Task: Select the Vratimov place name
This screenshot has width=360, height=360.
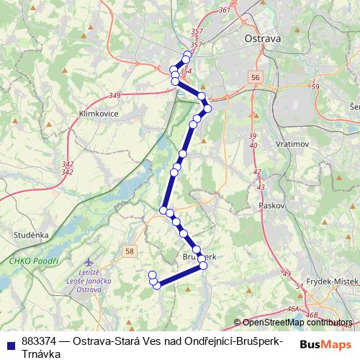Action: click(293, 144)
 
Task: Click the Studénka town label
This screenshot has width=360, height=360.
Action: click(30, 235)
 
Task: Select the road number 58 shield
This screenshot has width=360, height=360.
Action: click(129, 251)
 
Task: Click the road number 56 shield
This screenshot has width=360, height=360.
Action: click(256, 76)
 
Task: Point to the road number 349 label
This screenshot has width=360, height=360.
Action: click(114, 95)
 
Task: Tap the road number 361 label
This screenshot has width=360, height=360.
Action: click(225, 10)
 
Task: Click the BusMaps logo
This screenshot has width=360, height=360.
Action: click(325, 343)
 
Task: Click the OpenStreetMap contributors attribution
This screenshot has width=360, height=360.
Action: click(297, 323)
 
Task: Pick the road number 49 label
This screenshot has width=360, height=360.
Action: click(287, 274)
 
